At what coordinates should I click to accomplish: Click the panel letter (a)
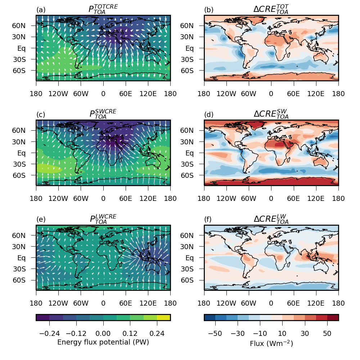[x=41, y=10]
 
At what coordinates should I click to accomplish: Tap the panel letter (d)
[x=208, y=115]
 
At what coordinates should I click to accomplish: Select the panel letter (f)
[x=208, y=220]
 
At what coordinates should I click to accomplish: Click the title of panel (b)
[x=271, y=9]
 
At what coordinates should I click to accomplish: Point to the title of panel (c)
[x=103, y=114]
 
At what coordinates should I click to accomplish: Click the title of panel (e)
[x=103, y=219]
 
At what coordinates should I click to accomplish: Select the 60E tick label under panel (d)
[x=293, y=199]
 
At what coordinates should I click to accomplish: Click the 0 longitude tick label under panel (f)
[x=271, y=303]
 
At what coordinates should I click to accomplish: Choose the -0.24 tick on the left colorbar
[x=49, y=334]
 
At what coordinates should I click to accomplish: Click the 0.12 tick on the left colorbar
[x=130, y=334]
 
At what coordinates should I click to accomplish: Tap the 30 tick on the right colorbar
[x=305, y=334]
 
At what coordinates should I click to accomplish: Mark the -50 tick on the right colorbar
[x=215, y=334]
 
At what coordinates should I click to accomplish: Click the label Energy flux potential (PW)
[x=103, y=342]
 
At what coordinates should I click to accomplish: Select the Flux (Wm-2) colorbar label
[x=271, y=343]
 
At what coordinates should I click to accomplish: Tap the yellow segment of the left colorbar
[x=163, y=317]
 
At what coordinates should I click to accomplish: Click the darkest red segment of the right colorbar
[x=333, y=317]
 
